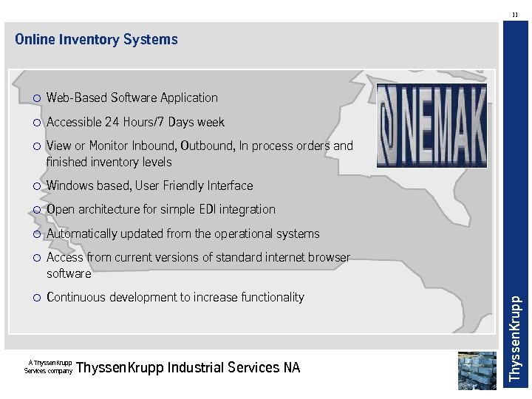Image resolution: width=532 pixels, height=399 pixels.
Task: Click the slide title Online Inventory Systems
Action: [96, 40]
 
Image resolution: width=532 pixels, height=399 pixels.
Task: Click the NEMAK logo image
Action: [432, 125]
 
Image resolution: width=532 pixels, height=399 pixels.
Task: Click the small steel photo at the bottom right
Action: [477, 370]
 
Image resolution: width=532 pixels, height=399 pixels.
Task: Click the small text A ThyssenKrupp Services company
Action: [49, 366]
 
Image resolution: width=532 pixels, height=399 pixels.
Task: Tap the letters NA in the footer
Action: [292, 367]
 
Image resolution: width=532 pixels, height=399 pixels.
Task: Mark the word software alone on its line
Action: [69, 273]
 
